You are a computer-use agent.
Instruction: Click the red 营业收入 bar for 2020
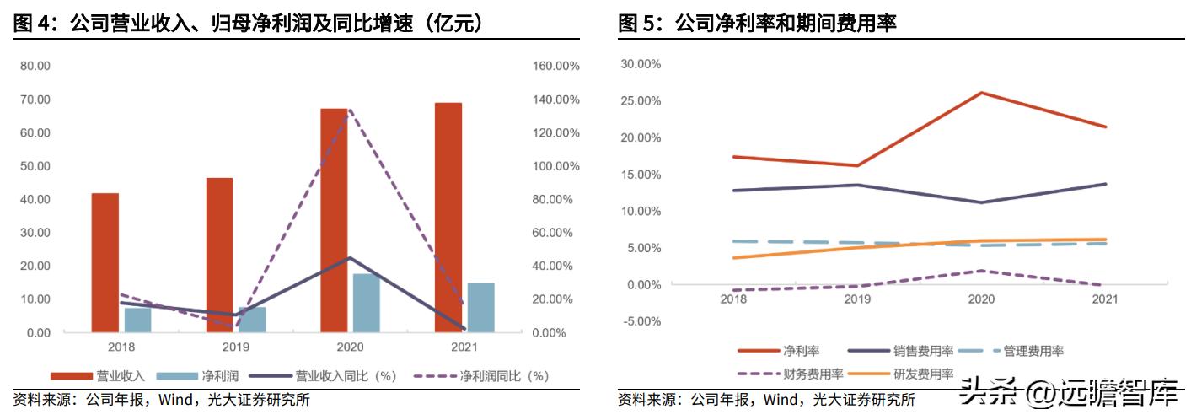pyautogui.click(x=334, y=220)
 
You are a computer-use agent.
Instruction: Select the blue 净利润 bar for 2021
pyautogui.click(x=480, y=308)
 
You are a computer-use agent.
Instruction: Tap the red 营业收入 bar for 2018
pyautogui.click(x=105, y=263)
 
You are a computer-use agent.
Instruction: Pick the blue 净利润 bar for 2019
pyautogui.click(x=252, y=320)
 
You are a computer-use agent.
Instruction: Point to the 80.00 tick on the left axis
pyautogui.click(x=35, y=66)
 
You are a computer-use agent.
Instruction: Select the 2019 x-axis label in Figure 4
pyautogui.click(x=235, y=347)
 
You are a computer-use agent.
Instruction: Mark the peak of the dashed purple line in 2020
pyautogui.click(x=349, y=110)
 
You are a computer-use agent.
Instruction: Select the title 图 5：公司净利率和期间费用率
pyautogui.click(x=757, y=23)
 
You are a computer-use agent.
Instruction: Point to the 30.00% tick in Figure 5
pyautogui.click(x=641, y=64)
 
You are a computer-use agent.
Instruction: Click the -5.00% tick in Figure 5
pyautogui.click(x=641, y=321)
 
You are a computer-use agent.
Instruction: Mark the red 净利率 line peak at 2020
pyautogui.click(x=981, y=93)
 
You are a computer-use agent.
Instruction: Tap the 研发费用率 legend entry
pyautogui.click(x=925, y=374)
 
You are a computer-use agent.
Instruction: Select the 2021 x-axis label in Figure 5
pyautogui.click(x=1105, y=299)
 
